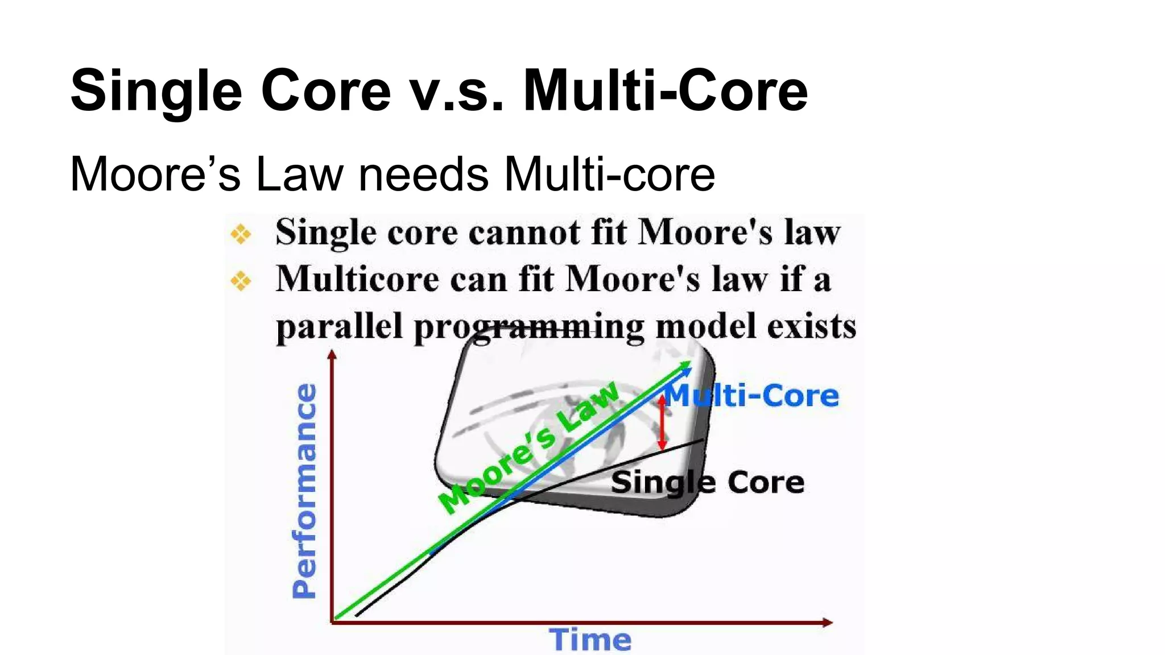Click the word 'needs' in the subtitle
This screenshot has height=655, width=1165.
pyautogui.click(x=423, y=174)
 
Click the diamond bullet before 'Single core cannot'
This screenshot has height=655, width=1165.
pyautogui.click(x=241, y=234)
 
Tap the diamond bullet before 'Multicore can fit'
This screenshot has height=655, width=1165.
pyautogui.click(x=241, y=280)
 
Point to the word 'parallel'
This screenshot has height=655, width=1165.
pyautogui.click(x=339, y=327)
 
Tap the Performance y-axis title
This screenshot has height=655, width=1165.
pyautogui.click(x=304, y=491)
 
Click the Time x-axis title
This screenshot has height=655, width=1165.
pyautogui.click(x=590, y=640)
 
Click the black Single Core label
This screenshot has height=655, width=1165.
pyautogui.click(x=708, y=483)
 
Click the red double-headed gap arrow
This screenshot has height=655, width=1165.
pyautogui.click(x=662, y=423)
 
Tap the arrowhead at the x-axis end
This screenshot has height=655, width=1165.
pyautogui.click(x=828, y=623)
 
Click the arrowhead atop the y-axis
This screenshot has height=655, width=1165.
pyautogui.click(x=332, y=355)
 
